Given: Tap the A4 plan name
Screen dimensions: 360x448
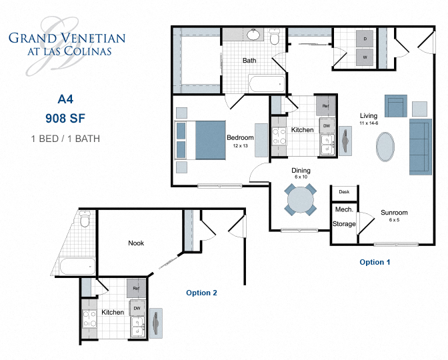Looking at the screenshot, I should [65, 99].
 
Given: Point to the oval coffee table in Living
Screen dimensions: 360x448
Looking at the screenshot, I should [385, 147].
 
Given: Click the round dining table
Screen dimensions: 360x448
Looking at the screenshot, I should [301, 199].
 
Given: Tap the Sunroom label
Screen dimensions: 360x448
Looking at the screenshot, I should [394, 213].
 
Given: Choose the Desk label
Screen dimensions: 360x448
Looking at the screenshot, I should [344, 192].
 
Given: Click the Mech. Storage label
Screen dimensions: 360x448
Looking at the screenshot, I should [344, 217].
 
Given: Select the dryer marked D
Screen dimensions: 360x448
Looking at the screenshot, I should [365, 40].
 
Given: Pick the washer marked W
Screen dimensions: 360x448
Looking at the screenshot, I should [365, 57].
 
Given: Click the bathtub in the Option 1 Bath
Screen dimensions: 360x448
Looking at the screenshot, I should [266, 85].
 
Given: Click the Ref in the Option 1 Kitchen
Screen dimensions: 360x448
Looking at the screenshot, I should [325, 106].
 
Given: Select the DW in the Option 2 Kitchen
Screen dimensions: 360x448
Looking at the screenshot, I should [137, 308].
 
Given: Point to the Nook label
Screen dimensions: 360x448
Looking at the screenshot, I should [136, 243].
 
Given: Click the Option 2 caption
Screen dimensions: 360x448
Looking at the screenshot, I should [201, 293].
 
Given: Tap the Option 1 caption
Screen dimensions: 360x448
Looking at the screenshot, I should [375, 262].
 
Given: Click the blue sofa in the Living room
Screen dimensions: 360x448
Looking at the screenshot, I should [419, 147].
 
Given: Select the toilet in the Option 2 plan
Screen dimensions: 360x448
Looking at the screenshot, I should [84, 221].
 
